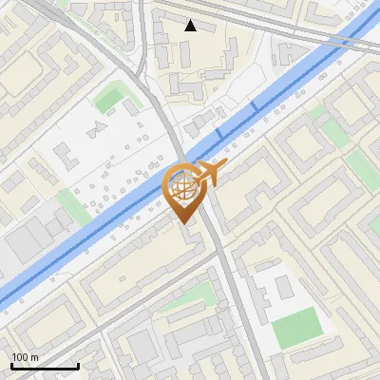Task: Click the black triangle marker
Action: (x=191, y=26)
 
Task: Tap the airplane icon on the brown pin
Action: (x=210, y=173)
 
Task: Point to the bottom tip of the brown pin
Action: (x=185, y=223)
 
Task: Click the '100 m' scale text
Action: (x=25, y=357)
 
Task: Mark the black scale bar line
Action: (x=45, y=366)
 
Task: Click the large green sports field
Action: (x=297, y=328)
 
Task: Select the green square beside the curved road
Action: (x=111, y=97)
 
